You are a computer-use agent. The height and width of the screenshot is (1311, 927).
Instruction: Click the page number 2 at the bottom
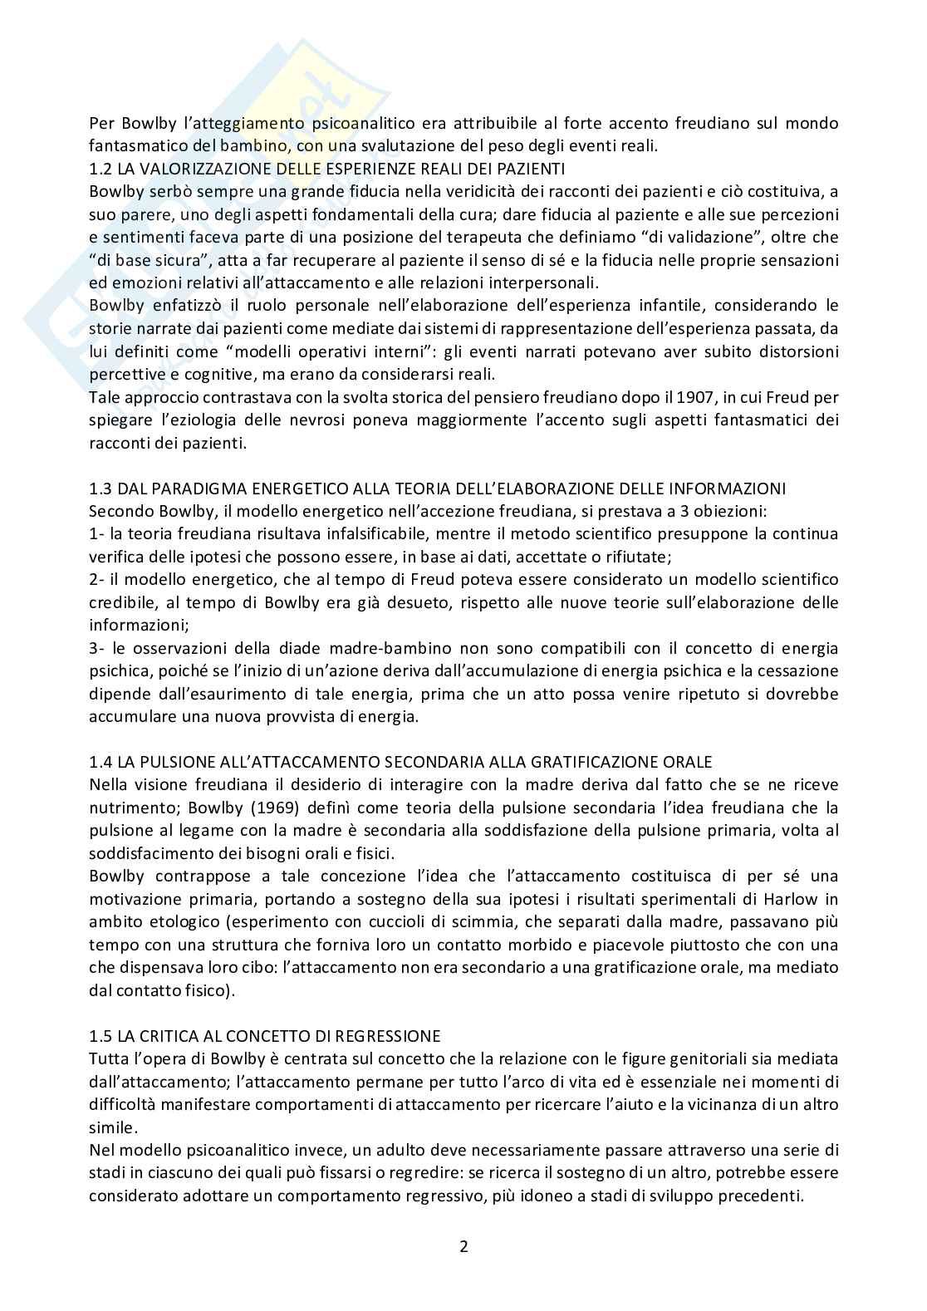pos(463,1247)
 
